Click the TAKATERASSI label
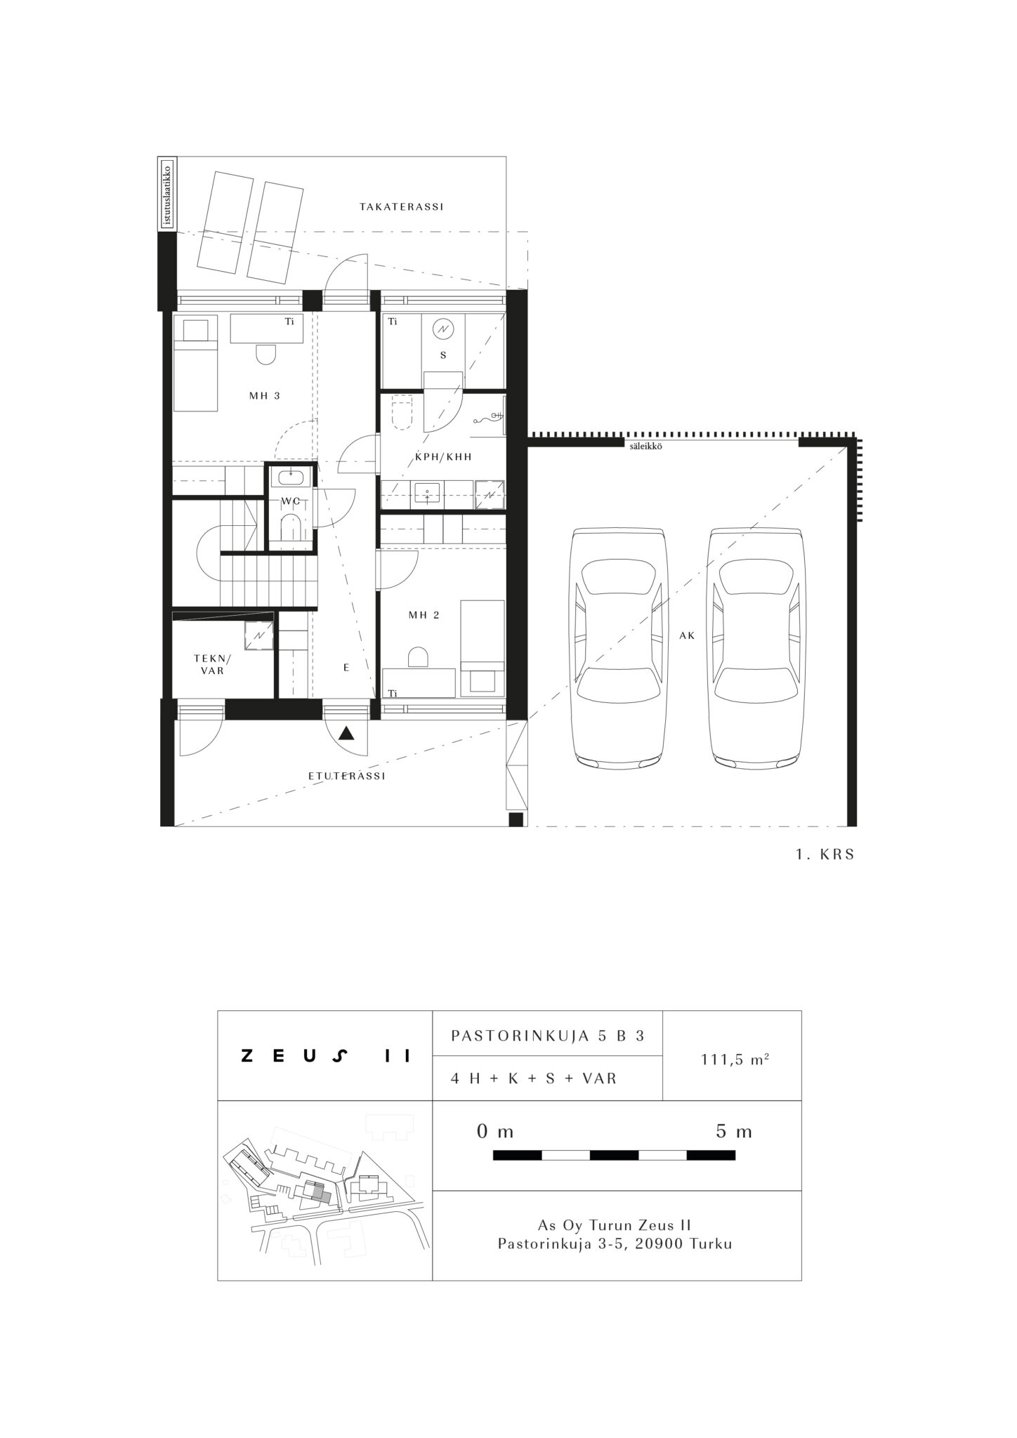pyautogui.click(x=401, y=207)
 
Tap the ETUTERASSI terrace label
pyautogui.click(x=347, y=776)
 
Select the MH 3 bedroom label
pyautogui.click(x=265, y=395)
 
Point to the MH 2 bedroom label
pyautogui.click(x=424, y=615)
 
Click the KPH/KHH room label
pyautogui.click(x=443, y=456)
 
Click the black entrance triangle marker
pyautogui.click(x=346, y=734)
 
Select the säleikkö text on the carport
pyautogui.click(x=647, y=445)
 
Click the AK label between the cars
pyautogui.click(x=687, y=635)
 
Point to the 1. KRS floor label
pyautogui.click(x=825, y=855)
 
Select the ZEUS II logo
pyautogui.click(x=325, y=1056)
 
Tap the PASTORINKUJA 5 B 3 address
pyautogui.click(x=547, y=1036)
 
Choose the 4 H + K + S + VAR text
pyautogui.click(x=534, y=1078)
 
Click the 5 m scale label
pyautogui.click(x=734, y=1131)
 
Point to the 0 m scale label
pyautogui.click(x=495, y=1131)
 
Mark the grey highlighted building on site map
pyautogui.click(x=320, y=1192)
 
